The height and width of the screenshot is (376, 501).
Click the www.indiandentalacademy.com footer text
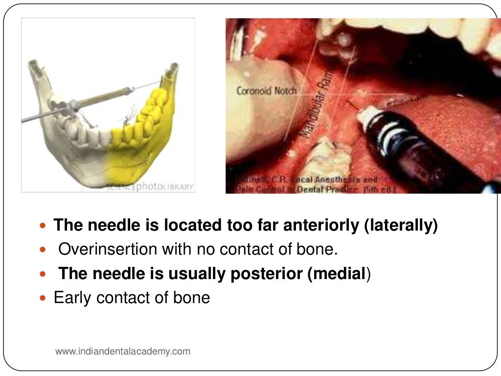click(123, 351)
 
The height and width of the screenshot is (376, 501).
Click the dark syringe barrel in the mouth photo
click(421, 157)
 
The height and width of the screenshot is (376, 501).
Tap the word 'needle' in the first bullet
click(110, 225)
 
